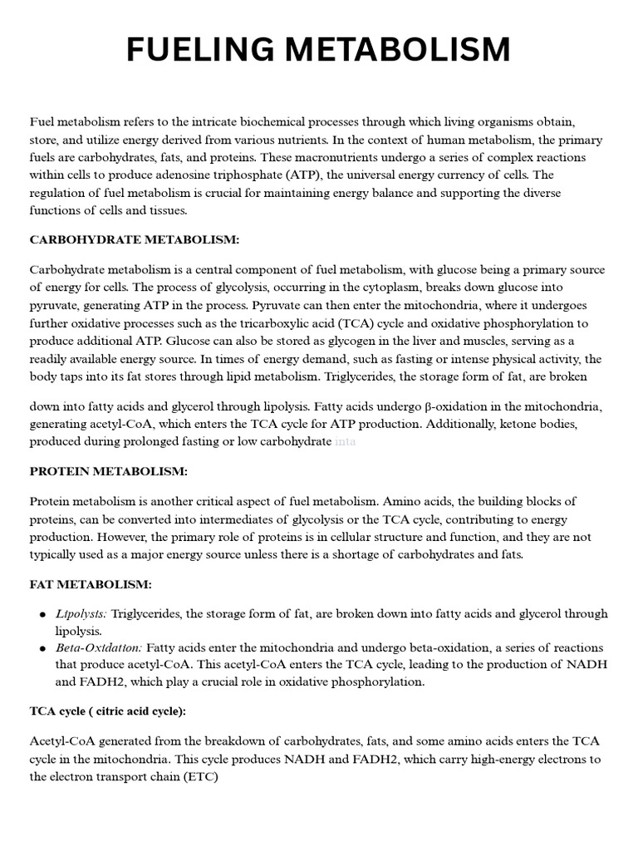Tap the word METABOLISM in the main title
click(x=397, y=51)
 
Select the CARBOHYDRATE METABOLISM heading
click(x=135, y=240)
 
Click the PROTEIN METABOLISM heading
click(x=109, y=472)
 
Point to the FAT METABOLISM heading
click(x=91, y=585)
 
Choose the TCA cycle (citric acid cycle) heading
click(x=108, y=711)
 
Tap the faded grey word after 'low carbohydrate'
click(x=346, y=442)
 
